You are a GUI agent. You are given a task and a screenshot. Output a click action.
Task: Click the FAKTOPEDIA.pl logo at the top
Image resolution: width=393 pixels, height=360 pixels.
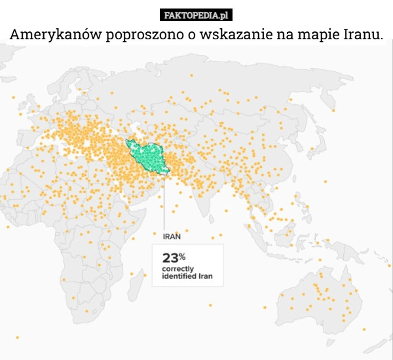[196, 14]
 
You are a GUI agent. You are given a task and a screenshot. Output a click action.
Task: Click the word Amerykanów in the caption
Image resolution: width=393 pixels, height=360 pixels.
[54, 34]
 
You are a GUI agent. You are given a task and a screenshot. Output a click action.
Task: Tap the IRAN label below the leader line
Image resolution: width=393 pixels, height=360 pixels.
[172, 236]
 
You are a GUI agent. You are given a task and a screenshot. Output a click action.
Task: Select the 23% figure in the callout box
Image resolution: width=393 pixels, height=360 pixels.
[174, 257]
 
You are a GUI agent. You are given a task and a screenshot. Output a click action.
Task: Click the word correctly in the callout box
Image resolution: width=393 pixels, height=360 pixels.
[178, 269]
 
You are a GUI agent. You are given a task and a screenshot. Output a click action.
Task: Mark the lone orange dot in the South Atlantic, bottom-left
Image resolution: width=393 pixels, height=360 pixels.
[17, 337]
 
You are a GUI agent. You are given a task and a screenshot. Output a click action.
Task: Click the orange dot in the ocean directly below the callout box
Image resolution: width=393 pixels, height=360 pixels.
[210, 305]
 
